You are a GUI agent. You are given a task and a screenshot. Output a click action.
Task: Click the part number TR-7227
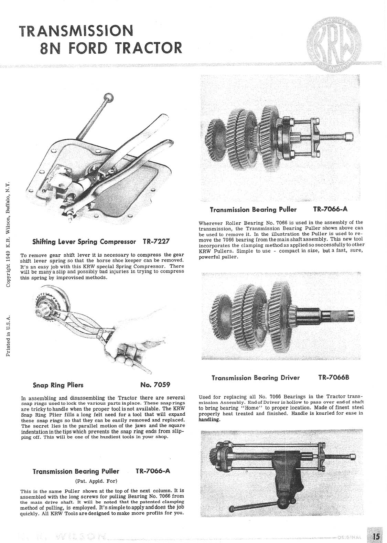(157, 242)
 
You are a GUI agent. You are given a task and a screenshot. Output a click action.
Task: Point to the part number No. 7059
(155, 384)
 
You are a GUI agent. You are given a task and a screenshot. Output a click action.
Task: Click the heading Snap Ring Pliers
(58, 384)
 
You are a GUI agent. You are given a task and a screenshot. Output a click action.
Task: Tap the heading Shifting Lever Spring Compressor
(84, 242)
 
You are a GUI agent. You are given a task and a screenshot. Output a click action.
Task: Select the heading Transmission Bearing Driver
(256, 378)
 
